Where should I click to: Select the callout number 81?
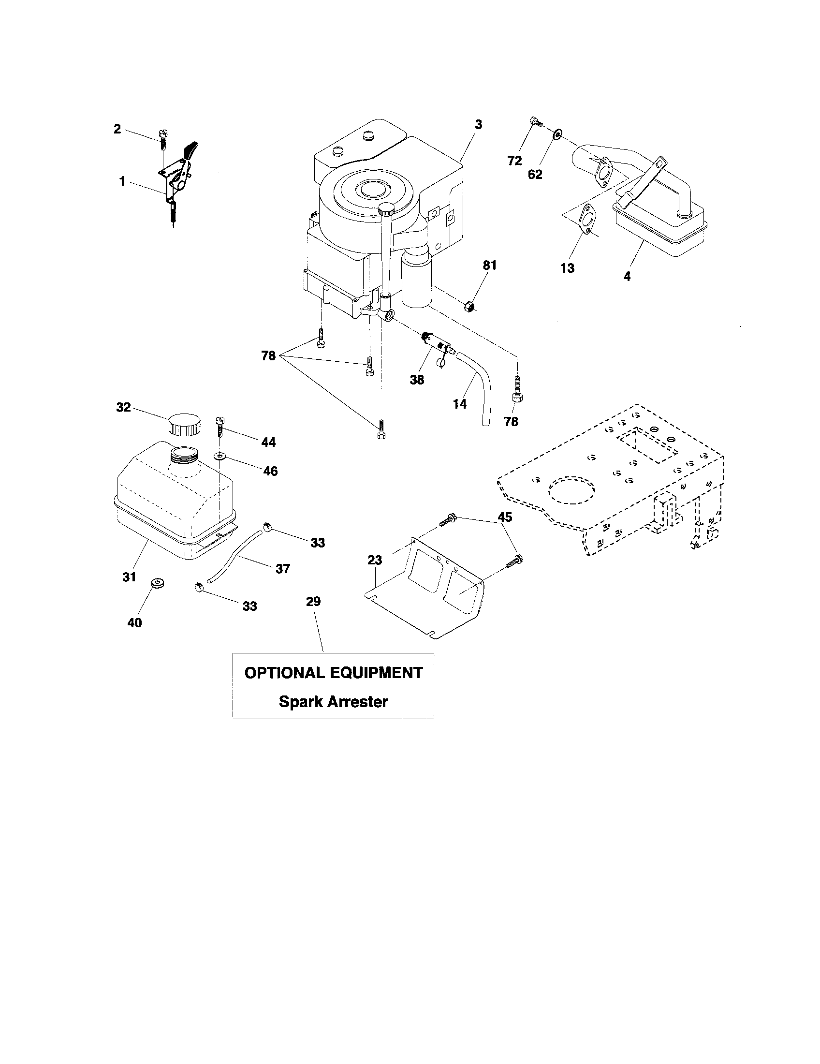[x=489, y=265]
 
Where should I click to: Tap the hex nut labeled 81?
[x=469, y=308]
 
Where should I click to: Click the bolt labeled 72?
[x=535, y=122]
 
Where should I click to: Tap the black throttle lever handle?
[x=191, y=148]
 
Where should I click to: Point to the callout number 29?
[x=313, y=602]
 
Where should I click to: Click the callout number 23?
[x=374, y=560]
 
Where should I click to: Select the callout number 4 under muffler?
[x=627, y=276]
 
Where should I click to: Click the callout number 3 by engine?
[x=478, y=125]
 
